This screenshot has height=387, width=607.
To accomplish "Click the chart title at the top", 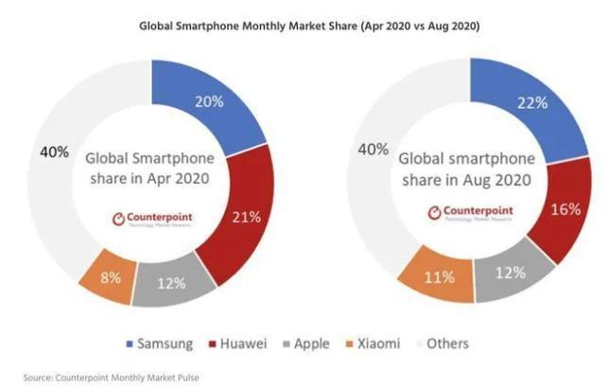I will [x=303, y=26].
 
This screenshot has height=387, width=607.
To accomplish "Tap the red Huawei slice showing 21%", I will [x=242, y=217].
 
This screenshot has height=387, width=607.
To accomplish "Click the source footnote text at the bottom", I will [x=105, y=376].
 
